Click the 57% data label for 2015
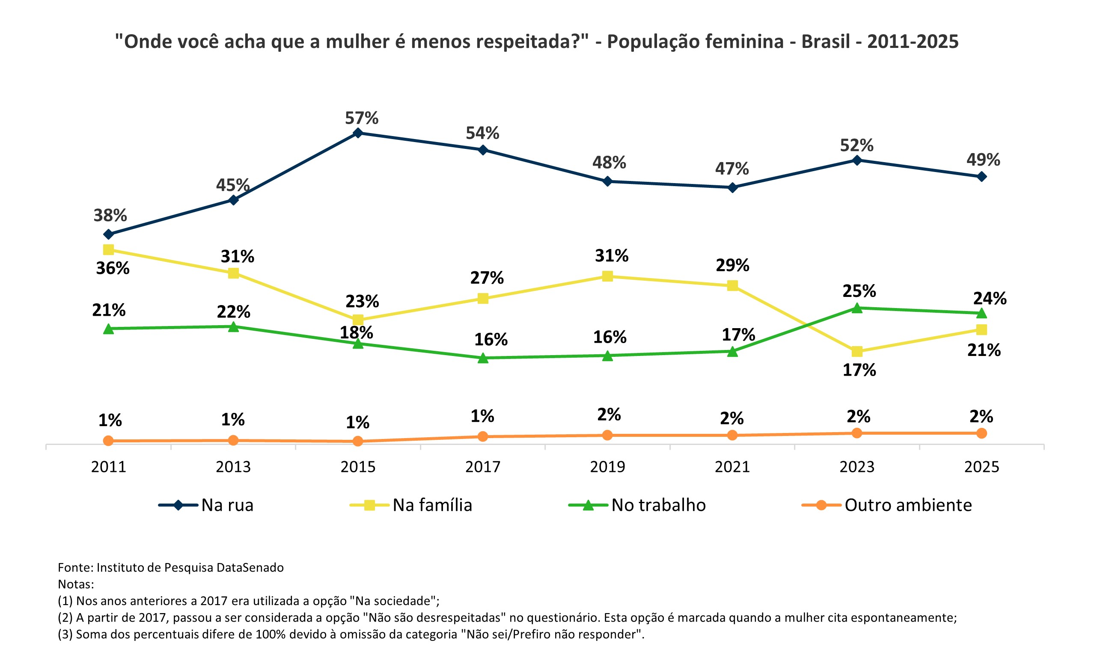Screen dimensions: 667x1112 click(362, 118)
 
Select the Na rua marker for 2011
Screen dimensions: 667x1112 click(108, 234)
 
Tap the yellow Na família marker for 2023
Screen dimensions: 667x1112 click(857, 351)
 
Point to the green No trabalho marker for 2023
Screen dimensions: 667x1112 click(857, 308)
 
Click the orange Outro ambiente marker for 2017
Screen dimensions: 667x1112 click(482, 436)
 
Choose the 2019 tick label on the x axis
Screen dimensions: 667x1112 click(607, 467)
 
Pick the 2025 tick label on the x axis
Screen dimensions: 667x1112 click(981, 467)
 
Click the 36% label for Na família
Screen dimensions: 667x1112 click(113, 268)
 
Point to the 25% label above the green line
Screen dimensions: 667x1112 click(859, 291)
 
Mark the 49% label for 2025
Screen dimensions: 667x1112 click(984, 160)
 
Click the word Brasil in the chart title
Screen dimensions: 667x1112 click(826, 42)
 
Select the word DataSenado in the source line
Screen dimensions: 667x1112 click(250, 568)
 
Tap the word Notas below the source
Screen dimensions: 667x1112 click(75, 584)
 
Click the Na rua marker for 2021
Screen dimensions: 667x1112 click(732, 187)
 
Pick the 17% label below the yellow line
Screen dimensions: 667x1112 click(859, 371)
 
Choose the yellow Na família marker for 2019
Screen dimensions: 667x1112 click(607, 276)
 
